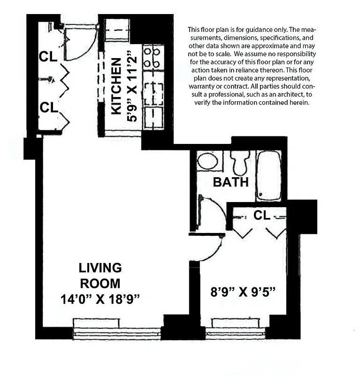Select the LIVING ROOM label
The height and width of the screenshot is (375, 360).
pyautogui.click(x=100, y=276)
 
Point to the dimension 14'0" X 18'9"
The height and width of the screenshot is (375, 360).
pyautogui.click(x=100, y=298)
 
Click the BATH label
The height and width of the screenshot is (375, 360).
pyautogui.click(x=230, y=182)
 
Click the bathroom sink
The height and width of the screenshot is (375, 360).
pyautogui.click(x=207, y=161)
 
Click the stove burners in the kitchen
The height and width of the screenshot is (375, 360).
pyautogui.click(x=153, y=56)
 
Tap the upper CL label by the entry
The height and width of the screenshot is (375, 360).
pyautogui.click(x=48, y=56)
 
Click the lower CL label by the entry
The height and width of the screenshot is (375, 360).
pyautogui.click(x=48, y=107)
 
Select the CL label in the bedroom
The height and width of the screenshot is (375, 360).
pyautogui.click(x=262, y=215)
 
